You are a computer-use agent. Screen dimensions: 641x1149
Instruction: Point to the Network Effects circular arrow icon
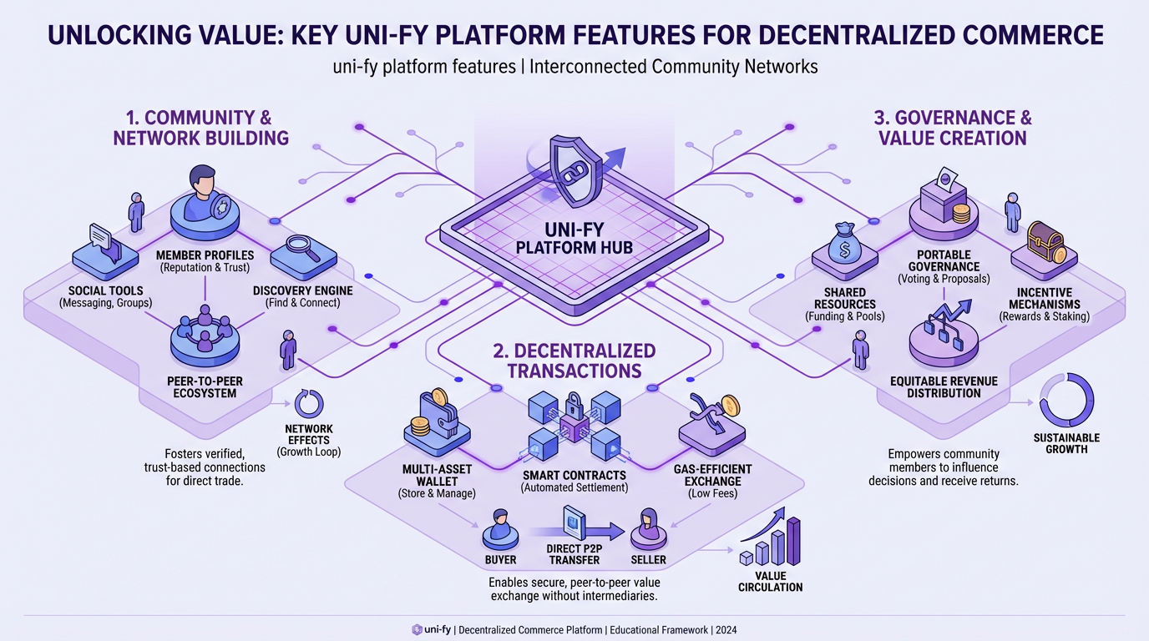[x=308, y=404]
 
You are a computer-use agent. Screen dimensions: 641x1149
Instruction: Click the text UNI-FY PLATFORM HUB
[x=574, y=238]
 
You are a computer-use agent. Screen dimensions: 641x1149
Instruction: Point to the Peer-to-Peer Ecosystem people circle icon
[x=205, y=332]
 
